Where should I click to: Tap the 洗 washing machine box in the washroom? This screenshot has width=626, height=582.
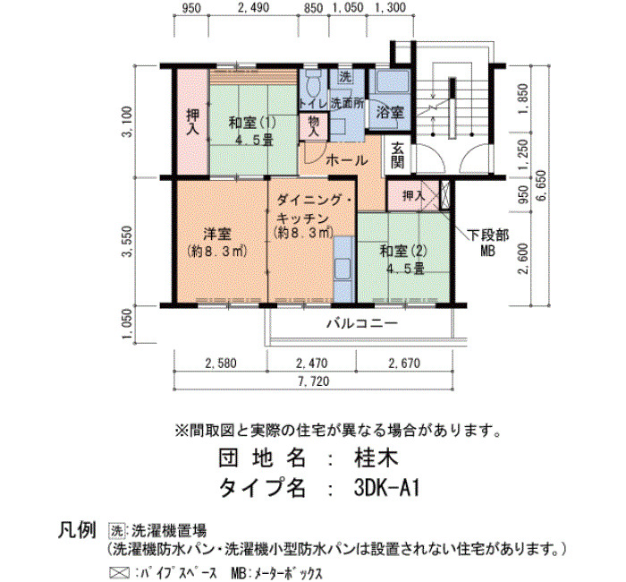coord(344,77)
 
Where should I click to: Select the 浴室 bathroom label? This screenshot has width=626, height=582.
coord(389,112)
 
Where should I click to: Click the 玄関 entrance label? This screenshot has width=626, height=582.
coord(397,156)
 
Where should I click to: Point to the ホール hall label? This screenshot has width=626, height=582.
coord(347,160)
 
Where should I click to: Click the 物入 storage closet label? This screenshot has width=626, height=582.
coord(314,127)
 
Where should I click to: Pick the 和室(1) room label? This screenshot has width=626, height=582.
coord(251,122)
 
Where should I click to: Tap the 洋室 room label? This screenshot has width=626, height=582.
coord(216,235)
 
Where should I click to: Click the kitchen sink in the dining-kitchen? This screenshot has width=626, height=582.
coord(343,269)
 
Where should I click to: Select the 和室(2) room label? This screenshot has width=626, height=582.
coord(403,252)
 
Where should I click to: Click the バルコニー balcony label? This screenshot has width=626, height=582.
coord(362,323)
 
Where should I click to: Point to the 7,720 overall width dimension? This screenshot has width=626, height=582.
coord(314,381)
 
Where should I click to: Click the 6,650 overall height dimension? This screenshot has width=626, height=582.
coord(543,186)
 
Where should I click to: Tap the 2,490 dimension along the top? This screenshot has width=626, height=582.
coord(253,7)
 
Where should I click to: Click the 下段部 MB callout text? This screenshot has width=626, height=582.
coord(488,243)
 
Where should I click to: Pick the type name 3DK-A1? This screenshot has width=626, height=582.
coord(386,488)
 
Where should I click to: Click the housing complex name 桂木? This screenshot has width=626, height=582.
coord(376,458)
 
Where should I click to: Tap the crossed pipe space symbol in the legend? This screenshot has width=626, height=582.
coord(119,573)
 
